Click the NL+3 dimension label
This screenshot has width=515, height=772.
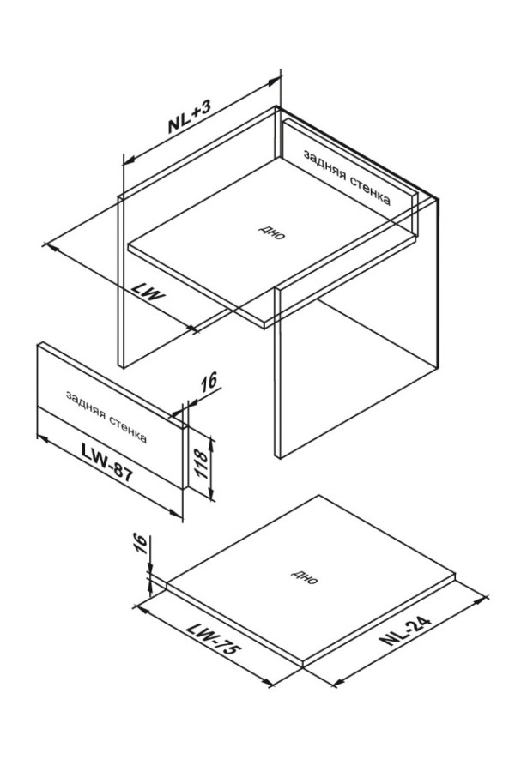(x=190, y=116)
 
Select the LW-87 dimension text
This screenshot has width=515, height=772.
(x=107, y=461)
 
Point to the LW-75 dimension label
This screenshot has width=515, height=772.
(x=213, y=638)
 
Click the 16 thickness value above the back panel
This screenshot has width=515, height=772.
(x=209, y=381)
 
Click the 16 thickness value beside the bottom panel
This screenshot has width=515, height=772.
(x=142, y=544)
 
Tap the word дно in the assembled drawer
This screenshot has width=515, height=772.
(x=271, y=232)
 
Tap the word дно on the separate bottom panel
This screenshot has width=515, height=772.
(x=305, y=577)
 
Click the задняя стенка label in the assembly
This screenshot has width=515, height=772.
(x=347, y=178)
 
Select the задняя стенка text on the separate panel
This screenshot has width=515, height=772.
(x=106, y=417)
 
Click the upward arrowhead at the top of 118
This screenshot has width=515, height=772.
(x=212, y=443)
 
